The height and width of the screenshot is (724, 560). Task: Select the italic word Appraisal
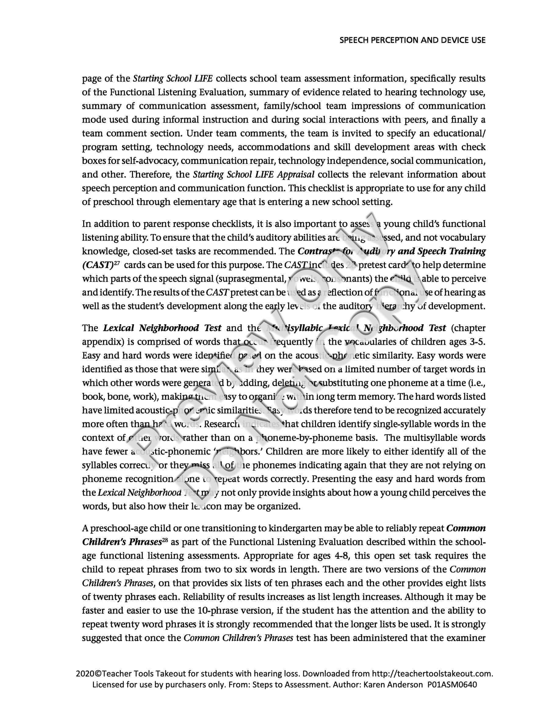pos(295,174)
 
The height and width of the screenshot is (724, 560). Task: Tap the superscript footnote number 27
pos(116,263)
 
